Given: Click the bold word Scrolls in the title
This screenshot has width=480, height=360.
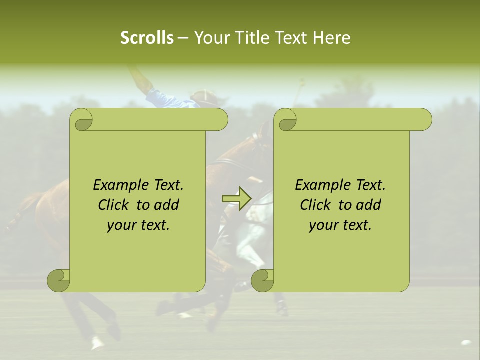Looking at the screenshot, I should point(147,38).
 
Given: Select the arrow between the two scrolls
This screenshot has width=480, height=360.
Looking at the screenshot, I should point(236,199).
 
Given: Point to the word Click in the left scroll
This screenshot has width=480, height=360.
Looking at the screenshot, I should point(113,205).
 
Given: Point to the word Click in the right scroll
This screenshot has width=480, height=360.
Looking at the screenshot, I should point(315,205).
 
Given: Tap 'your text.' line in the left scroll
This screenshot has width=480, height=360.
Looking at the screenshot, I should point(138,225).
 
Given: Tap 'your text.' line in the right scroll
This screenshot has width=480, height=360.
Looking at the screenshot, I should point(340,225).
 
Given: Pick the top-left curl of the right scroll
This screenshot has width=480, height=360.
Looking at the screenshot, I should point(286,120).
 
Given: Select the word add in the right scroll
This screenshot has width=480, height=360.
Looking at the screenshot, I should point(369,205).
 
